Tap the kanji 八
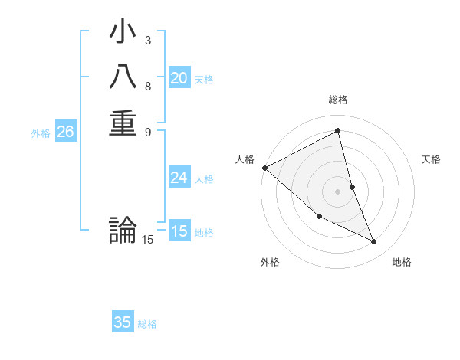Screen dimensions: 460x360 [123, 78]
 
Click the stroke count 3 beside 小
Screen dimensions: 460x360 [147, 39]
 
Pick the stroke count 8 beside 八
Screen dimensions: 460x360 [147, 86]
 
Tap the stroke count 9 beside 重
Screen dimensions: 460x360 [147, 131]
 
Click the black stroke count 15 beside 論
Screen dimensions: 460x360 [147, 240]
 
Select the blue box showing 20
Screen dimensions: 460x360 [179, 77]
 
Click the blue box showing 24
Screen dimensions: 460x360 [179, 178]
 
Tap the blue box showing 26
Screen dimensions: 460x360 [65, 132]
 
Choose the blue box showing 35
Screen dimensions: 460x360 [123, 322]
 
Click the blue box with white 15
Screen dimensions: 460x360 [179, 231]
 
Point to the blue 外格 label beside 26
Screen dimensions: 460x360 [41, 133]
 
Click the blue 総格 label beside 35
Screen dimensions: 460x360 [147, 324]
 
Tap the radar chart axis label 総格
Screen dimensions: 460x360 [338, 100]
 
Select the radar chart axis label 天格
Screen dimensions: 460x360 [432, 159]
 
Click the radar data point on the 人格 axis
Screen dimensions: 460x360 [264, 167]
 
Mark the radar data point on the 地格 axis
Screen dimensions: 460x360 [374, 242]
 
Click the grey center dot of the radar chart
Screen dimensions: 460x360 [338, 191]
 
